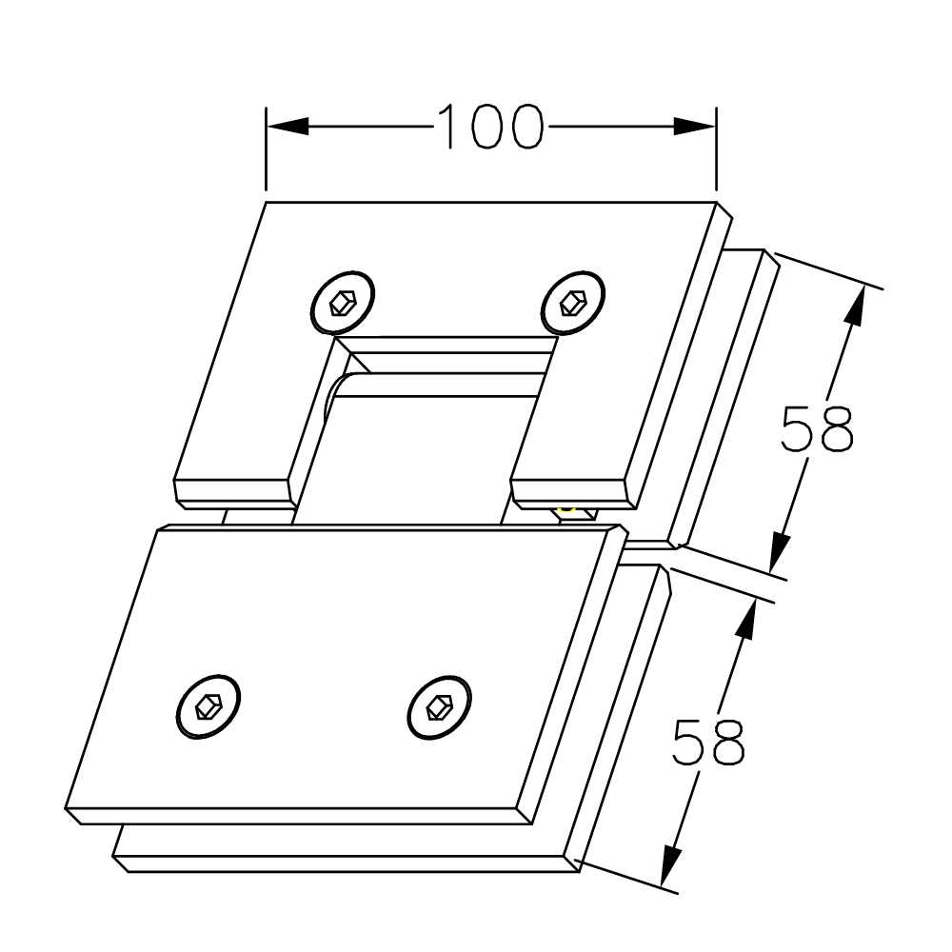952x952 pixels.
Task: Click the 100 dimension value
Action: click(489, 127)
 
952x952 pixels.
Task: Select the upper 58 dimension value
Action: click(817, 429)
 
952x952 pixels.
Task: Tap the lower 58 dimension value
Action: click(708, 742)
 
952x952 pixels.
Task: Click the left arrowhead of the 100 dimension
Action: click(288, 127)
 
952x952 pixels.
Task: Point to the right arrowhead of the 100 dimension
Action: click(695, 127)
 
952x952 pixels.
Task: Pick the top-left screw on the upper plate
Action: click(343, 303)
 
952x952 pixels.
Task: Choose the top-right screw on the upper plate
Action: click(573, 303)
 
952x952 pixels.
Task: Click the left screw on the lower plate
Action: click(208, 706)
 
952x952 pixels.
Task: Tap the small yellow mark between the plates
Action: click(567, 511)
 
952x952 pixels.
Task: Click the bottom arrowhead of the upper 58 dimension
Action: click(781, 550)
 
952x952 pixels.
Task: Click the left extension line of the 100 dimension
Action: click(266, 149)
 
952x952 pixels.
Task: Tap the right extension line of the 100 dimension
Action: click(717, 149)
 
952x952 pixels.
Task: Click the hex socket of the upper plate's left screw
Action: click(342, 303)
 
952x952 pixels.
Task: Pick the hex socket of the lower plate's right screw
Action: click(439, 706)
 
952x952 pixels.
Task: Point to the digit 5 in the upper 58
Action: click(797, 429)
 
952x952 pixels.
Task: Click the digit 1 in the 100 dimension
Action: click(448, 127)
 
